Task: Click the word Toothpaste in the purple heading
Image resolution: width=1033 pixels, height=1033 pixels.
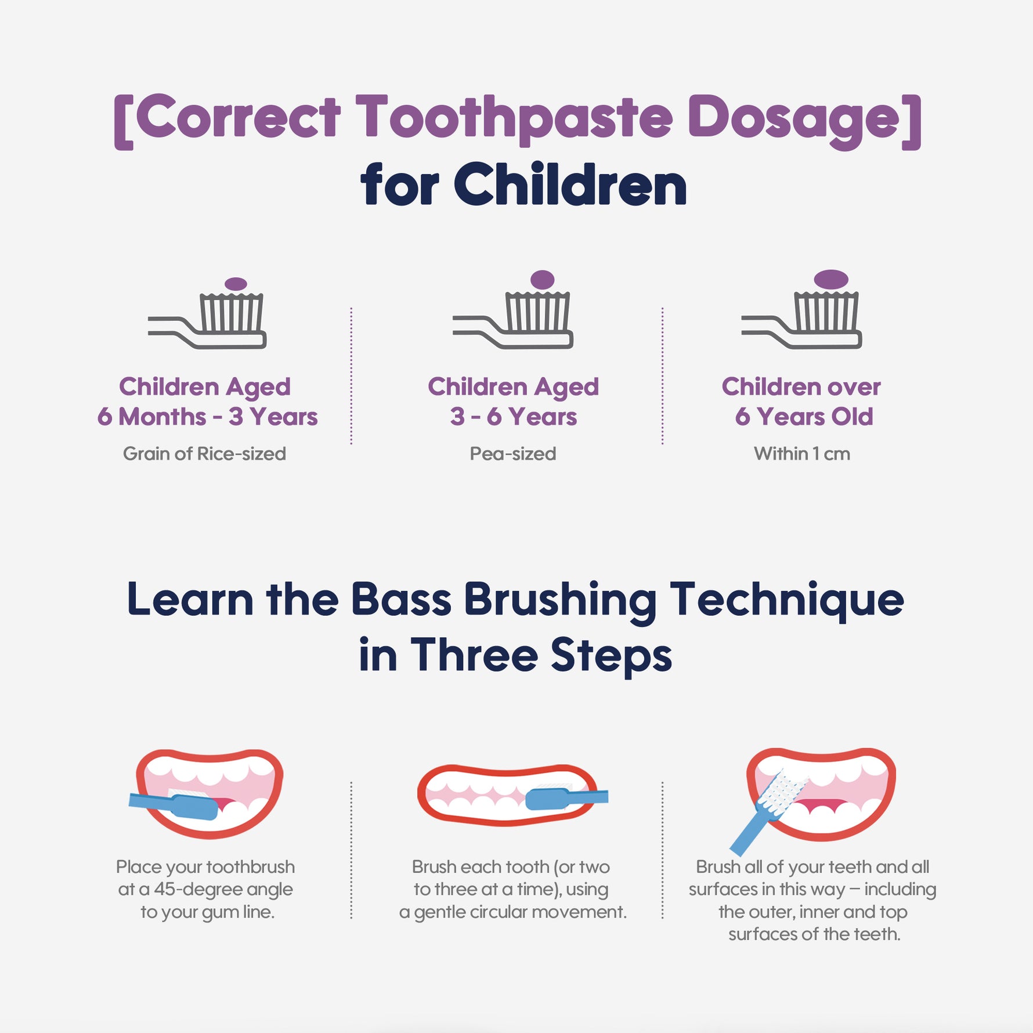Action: (x=514, y=120)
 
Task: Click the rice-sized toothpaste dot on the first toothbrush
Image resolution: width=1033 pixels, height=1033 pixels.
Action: (x=236, y=284)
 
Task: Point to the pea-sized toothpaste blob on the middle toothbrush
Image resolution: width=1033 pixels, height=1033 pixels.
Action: (x=543, y=280)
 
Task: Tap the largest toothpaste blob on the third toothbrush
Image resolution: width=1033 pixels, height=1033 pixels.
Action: (x=831, y=279)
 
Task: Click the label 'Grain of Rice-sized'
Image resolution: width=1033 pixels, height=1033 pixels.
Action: (x=204, y=453)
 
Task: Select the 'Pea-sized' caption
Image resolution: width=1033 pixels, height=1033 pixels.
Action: (x=513, y=453)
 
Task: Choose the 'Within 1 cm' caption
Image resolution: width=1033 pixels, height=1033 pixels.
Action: (x=802, y=453)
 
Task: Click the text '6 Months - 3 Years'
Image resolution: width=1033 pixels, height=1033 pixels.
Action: (x=207, y=417)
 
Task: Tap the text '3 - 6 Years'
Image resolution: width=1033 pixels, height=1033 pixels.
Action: (x=514, y=417)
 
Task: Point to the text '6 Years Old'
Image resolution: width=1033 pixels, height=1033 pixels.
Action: (x=804, y=417)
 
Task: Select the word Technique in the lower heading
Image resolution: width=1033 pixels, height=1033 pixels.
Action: (x=787, y=601)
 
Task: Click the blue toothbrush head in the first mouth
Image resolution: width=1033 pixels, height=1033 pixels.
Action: (x=195, y=807)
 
